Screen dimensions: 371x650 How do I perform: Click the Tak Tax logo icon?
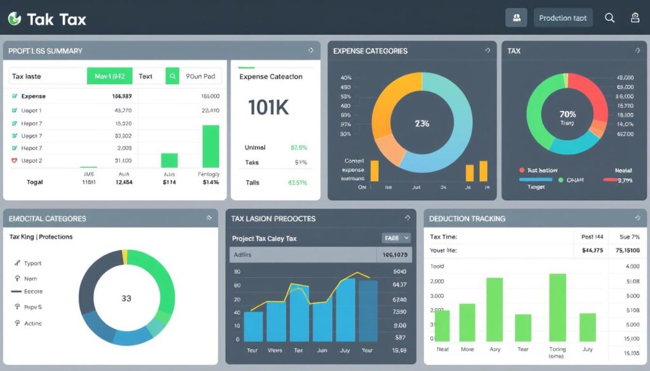click(14, 19)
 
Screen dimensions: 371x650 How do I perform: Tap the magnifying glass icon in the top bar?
click(609, 18)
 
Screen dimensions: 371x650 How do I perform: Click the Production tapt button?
click(562, 18)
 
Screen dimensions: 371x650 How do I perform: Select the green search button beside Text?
click(172, 76)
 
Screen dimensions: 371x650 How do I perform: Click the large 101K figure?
click(269, 108)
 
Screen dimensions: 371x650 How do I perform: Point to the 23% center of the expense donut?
click(421, 124)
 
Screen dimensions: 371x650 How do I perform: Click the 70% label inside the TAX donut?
click(567, 115)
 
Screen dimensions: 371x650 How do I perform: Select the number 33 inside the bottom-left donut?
click(126, 298)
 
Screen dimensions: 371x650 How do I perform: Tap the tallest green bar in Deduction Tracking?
click(557, 308)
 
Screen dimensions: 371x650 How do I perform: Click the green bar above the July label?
click(588, 327)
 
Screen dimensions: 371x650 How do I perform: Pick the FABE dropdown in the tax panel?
click(396, 238)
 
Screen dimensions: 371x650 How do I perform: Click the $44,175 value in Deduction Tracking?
click(592, 251)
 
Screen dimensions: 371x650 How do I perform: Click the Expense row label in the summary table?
click(33, 96)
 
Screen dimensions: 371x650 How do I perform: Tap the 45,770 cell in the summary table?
click(123, 110)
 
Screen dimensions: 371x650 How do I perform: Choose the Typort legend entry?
click(32, 263)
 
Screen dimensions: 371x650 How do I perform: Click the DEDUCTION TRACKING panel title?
click(467, 219)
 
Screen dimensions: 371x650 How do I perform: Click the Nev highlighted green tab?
click(109, 76)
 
